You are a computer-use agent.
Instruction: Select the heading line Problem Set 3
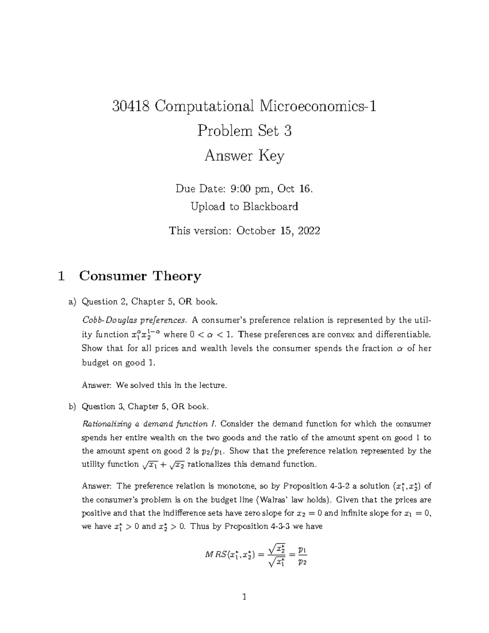(244, 131)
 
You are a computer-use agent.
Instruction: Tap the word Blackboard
(271, 207)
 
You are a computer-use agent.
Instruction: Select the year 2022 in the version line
(309, 231)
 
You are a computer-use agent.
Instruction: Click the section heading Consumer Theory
(140, 276)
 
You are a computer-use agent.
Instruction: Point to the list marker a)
(72, 302)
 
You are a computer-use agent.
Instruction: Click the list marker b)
(72, 407)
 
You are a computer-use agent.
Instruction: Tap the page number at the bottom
(244, 598)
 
